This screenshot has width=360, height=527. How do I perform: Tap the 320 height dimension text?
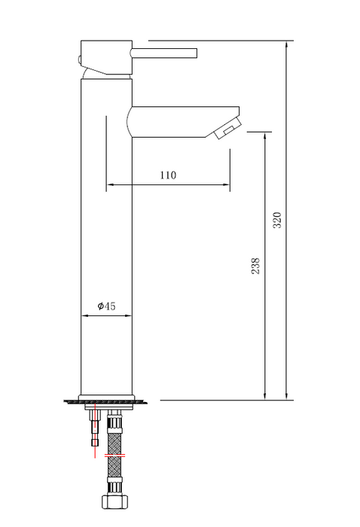[276, 220]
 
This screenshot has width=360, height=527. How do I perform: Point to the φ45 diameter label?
[106, 306]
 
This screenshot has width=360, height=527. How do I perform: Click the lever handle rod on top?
[164, 53]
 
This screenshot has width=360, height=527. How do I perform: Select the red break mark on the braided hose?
[114, 456]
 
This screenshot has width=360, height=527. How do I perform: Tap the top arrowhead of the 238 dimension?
[264, 136]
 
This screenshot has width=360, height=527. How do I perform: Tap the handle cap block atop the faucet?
[105, 58]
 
